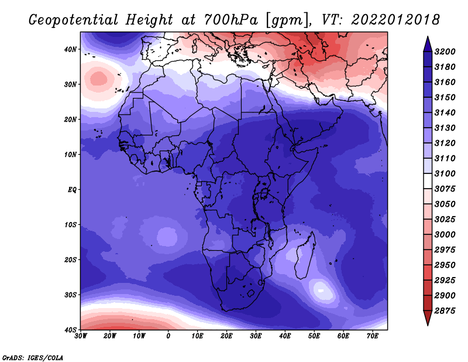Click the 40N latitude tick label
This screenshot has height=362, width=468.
(x=70, y=49)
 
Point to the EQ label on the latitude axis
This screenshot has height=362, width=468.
(x=72, y=190)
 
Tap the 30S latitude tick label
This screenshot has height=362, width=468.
(x=70, y=295)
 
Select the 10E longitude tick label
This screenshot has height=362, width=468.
(x=197, y=336)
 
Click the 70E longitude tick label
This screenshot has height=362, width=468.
(x=372, y=336)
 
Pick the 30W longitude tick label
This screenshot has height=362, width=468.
(x=81, y=336)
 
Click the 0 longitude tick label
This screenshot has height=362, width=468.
(x=168, y=336)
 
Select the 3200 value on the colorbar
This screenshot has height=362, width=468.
(x=445, y=52)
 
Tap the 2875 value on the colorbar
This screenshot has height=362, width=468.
(x=445, y=310)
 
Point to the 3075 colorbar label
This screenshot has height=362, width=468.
(x=445, y=189)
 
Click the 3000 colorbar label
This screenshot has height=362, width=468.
(x=445, y=234)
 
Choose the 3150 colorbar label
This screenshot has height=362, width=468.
(x=445, y=97)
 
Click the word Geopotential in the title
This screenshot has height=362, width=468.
(x=74, y=21)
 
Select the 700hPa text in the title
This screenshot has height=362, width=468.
(x=231, y=20)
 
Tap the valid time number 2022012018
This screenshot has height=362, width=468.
(x=395, y=20)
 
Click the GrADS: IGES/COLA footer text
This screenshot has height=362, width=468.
(x=33, y=357)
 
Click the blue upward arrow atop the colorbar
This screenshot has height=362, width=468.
(x=428, y=44)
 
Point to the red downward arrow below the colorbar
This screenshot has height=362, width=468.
(x=428, y=318)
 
